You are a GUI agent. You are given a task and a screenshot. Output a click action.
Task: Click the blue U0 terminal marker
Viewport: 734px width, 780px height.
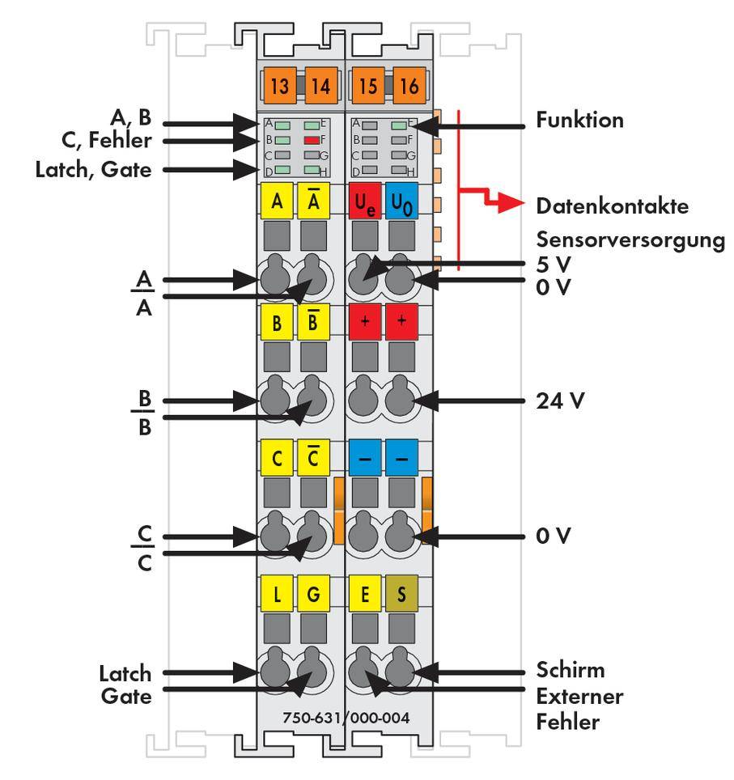[x=402, y=201]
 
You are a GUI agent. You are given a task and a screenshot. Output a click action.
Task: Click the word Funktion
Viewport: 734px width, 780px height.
[x=579, y=121]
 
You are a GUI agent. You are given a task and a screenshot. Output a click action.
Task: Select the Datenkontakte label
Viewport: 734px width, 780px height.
[x=612, y=206]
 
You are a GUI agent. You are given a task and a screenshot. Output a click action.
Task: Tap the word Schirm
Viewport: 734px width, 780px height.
[x=571, y=671]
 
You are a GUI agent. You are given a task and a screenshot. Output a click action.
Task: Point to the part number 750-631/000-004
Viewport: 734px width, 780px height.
[x=346, y=718]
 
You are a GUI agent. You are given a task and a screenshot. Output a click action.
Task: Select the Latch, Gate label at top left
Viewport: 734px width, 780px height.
[x=94, y=170]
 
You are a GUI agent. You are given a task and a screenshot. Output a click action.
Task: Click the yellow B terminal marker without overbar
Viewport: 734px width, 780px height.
[x=277, y=324]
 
